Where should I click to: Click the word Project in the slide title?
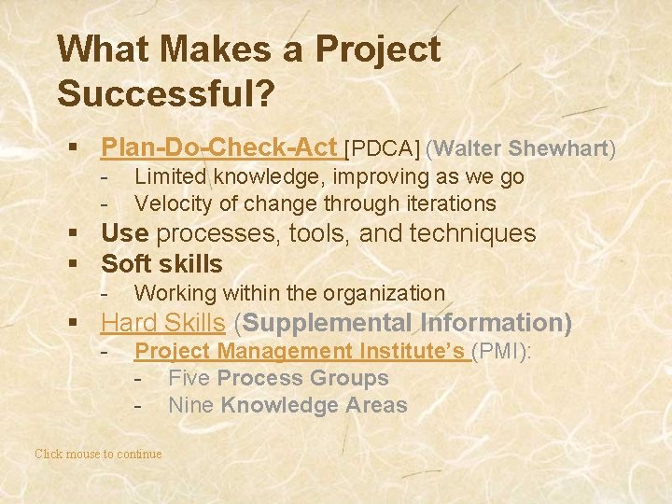[x=378, y=49]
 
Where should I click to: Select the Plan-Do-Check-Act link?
[x=218, y=147]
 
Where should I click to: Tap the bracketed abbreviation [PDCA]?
[x=383, y=148]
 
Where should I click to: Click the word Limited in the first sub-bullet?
[x=171, y=176]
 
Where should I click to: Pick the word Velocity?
[x=174, y=203]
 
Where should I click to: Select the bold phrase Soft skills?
[x=161, y=263]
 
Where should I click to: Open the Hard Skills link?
[x=162, y=323]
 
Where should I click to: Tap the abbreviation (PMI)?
[x=501, y=351]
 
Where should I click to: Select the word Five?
[x=189, y=378]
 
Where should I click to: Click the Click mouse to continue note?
[x=98, y=454]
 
